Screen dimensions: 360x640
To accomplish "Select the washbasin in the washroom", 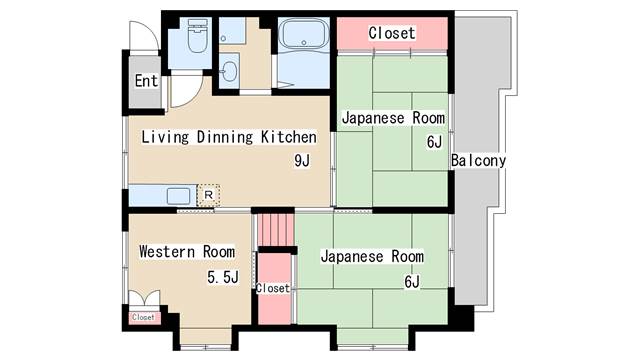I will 231,73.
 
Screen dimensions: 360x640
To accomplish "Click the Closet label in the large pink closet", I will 391,32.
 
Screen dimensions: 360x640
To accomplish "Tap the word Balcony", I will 478,160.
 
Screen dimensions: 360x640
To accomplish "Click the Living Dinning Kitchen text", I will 228,137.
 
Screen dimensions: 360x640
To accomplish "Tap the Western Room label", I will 187,251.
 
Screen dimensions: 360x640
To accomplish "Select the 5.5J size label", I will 222,277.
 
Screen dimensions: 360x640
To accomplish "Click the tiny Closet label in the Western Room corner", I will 143,318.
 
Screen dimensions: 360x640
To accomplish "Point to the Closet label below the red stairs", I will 272,288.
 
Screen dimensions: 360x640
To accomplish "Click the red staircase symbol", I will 273,230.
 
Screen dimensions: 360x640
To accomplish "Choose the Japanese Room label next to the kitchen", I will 393,118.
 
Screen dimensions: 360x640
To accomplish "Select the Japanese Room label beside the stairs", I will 372,256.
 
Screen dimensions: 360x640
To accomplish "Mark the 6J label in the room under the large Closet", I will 434,142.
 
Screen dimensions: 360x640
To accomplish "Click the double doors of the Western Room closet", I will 143,298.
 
